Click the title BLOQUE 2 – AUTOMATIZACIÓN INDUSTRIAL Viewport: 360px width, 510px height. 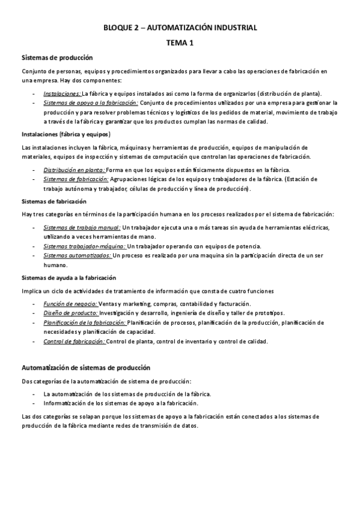pos(180,28)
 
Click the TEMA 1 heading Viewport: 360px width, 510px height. pos(180,43)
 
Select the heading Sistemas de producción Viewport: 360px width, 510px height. pos(57,58)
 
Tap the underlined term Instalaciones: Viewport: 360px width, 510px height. pos(62,94)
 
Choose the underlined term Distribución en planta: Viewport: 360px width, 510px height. pos(74,170)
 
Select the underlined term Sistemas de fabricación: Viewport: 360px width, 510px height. pos(76,179)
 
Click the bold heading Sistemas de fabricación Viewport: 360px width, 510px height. pos(54,201)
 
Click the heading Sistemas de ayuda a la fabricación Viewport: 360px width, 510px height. pos(69,278)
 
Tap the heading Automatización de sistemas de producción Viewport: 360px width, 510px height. pos(86,367)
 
